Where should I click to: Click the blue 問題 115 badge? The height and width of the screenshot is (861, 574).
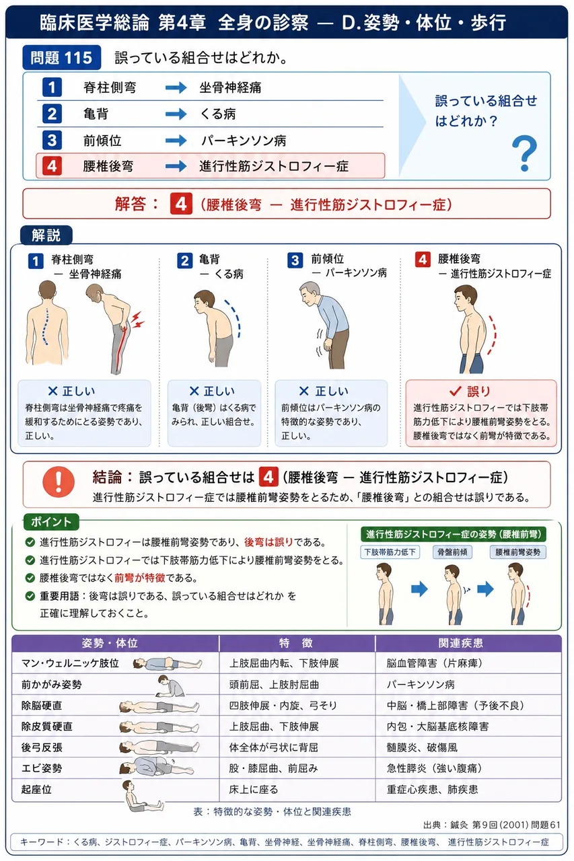(x=61, y=58)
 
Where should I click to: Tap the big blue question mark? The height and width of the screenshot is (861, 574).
(x=524, y=153)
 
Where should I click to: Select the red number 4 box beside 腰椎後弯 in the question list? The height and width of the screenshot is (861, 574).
(x=52, y=166)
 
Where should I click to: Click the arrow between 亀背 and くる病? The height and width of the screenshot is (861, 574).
(x=176, y=114)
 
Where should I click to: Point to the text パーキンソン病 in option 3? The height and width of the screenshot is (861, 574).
(x=244, y=141)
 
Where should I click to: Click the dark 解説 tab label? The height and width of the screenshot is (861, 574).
(x=46, y=235)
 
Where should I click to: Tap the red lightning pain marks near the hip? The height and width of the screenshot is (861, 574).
(x=137, y=320)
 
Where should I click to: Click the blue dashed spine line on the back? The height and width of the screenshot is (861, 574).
(x=46, y=326)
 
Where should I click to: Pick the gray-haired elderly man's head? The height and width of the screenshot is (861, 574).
(x=311, y=294)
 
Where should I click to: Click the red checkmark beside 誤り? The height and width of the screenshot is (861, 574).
(x=455, y=391)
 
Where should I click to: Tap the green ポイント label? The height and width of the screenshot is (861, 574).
(x=51, y=521)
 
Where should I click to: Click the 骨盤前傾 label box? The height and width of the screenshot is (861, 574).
(x=452, y=552)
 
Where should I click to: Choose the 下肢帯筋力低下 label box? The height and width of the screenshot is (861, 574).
(x=390, y=552)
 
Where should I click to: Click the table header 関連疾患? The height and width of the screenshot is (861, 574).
(x=460, y=643)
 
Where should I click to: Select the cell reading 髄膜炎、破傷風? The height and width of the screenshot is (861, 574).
(x=422, y=747)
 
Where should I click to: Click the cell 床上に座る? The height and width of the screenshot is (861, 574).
(x=254, y=790)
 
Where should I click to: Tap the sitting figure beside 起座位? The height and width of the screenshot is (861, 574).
(x=141, y=796)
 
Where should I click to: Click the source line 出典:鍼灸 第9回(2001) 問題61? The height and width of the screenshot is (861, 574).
(x=492, y=825)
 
